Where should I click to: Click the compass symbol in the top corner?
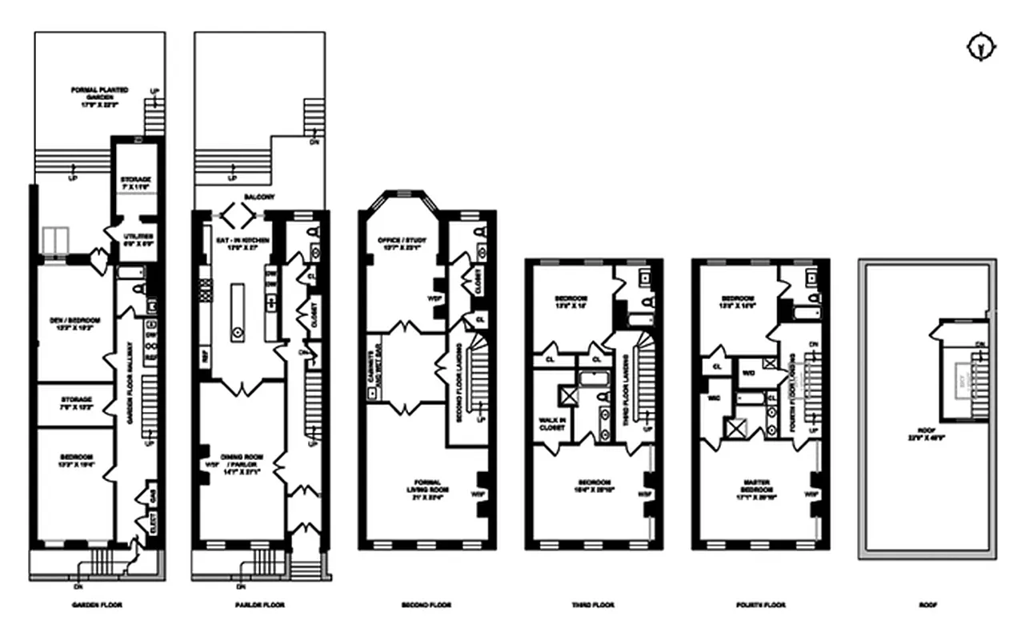click(x=980, y=49)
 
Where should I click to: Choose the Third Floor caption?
click(x=593, y=606)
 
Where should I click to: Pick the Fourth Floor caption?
click(x=760, y=606)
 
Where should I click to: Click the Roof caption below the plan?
click(x=927, y=606)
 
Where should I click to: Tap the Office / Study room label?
click(x=404, y=243)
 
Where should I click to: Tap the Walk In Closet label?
click(x=552, y=423)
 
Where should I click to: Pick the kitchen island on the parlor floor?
click(x=237, y=312)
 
